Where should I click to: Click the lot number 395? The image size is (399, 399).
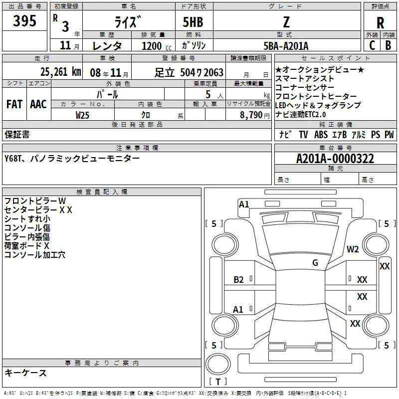click(x=25, y=21)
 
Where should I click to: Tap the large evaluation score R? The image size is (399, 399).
click(x=380, y=23)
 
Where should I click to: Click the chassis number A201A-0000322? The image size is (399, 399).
click(x=335, y=159)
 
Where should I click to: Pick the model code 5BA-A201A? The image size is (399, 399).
click(x=286, y=46)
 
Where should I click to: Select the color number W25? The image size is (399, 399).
click(x=83, y=115)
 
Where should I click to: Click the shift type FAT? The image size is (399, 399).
click(x=14, y=104)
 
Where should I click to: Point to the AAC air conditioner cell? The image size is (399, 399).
click(x=38, y=104)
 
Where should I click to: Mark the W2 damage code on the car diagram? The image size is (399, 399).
click(x=353, y=249)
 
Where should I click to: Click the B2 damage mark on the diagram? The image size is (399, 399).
click(x=239, y=279)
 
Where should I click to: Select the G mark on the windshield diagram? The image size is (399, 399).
click(x=315, y=263)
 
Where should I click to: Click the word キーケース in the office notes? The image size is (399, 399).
click(x=25, y=373)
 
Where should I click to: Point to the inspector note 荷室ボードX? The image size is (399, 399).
click(x=27, y=246)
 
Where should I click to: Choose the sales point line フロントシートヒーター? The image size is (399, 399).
click(x=316, y=96)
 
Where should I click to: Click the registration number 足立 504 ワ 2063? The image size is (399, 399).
click(x=189, y=72)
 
